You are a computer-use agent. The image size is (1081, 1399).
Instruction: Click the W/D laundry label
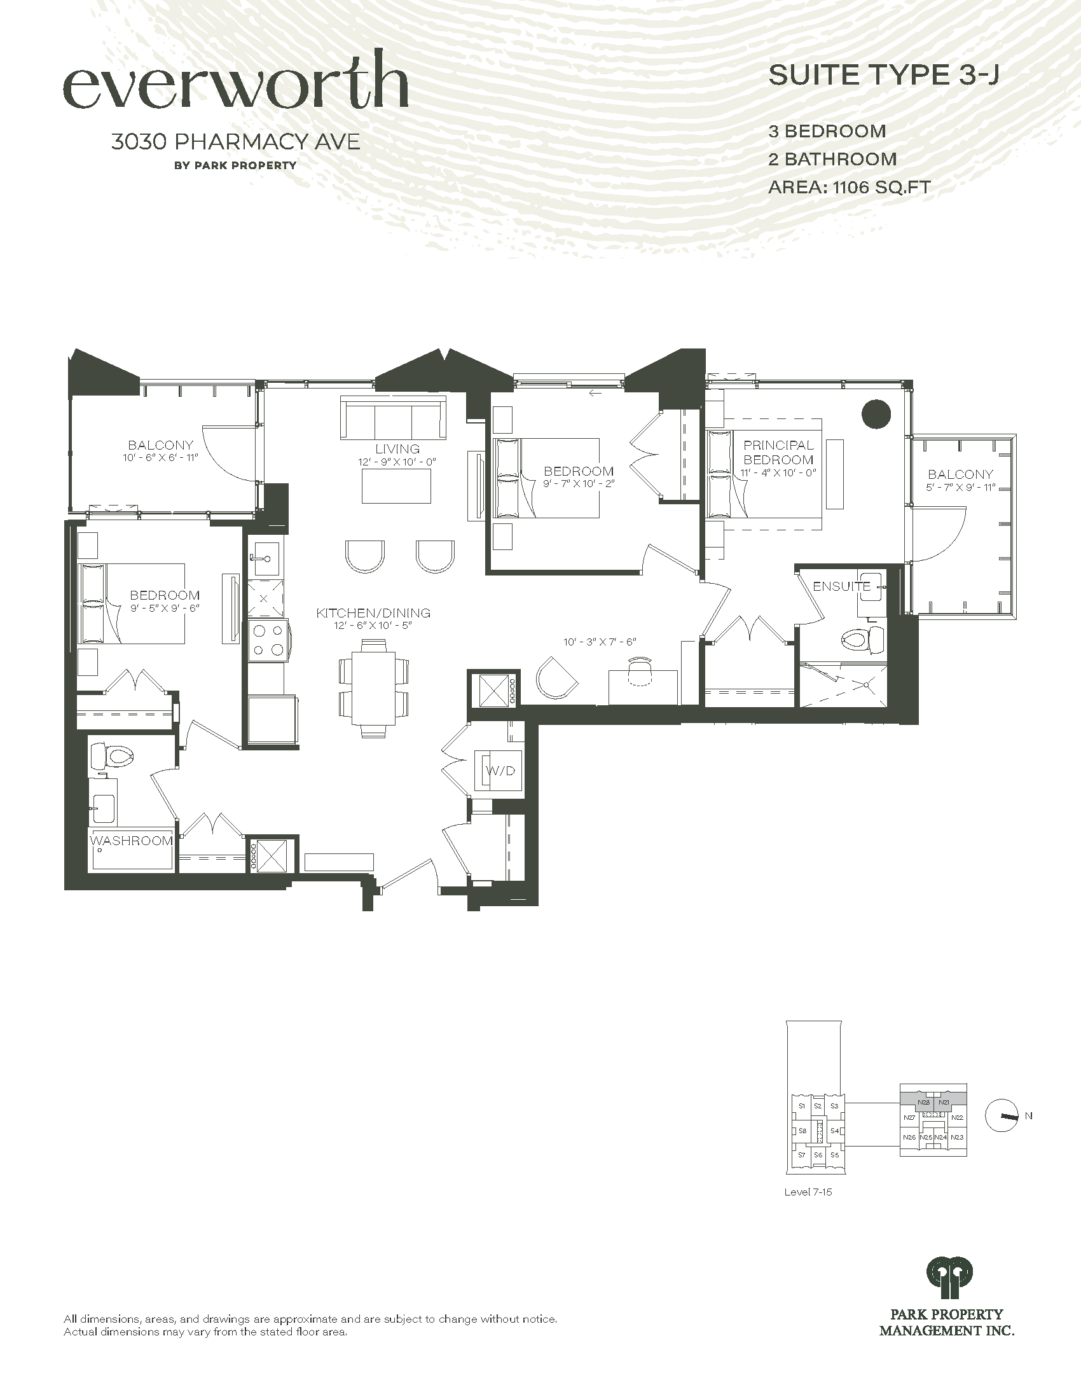(x=501, y=771)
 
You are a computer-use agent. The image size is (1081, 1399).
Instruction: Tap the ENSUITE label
(x=841, y=586)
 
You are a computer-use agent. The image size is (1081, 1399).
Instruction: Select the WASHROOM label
(x=131, y=841)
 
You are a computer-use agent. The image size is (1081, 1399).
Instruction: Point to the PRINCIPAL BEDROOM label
(x=779, y=452)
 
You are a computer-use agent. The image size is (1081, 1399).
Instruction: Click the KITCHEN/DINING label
(x=373, y=613)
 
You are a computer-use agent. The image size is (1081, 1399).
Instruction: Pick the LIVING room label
(x=397, y=449)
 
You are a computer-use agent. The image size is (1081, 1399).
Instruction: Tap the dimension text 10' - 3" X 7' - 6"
(x=600, y=641)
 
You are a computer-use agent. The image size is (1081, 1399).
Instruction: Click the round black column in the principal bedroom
(x=876, y=414)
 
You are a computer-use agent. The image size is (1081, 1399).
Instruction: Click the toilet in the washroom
(x=111, y=757)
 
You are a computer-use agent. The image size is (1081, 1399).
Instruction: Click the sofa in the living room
(x=393, y=418)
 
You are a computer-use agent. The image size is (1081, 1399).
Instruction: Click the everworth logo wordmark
(x=236, y=80)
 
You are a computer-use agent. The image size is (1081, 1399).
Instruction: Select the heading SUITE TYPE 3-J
(x=884, y=76)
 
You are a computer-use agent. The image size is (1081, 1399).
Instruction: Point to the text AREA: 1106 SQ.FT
(x=849, y=187)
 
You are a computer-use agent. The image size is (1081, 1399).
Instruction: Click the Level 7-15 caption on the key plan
(x=808, y=1193)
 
